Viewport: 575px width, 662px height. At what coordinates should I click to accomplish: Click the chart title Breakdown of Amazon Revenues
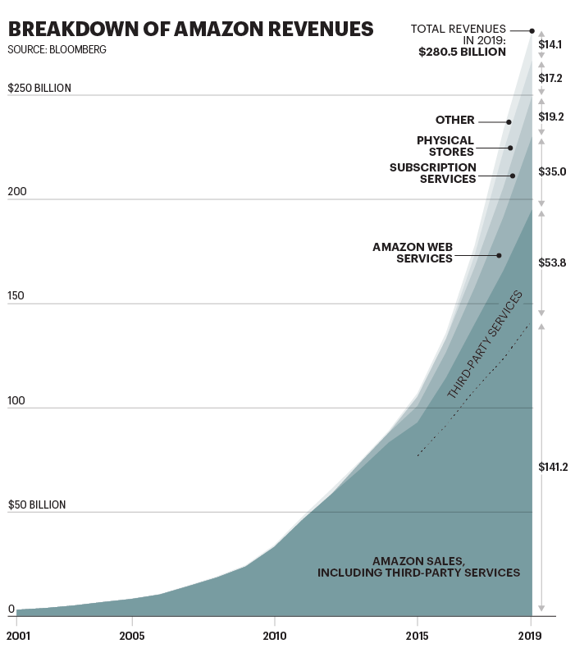190,30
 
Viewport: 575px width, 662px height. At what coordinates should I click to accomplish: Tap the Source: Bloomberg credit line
57,50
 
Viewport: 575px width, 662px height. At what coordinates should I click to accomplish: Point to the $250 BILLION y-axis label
39,88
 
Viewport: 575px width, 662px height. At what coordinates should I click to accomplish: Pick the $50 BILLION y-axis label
36,504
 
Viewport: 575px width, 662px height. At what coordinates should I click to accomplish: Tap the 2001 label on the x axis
17,636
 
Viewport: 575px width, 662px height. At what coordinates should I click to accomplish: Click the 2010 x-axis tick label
274,636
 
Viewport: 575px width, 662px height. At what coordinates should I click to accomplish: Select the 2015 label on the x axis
417,636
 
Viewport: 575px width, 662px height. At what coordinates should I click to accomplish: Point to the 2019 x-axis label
531,636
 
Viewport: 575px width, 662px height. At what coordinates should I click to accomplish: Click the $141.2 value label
554,467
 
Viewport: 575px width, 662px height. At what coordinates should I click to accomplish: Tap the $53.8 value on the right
552,263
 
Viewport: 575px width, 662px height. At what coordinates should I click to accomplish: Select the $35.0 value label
552,172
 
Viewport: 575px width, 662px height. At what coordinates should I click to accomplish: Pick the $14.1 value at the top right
550,44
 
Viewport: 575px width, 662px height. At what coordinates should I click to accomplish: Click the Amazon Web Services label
413,253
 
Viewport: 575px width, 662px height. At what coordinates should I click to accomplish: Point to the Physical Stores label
445,146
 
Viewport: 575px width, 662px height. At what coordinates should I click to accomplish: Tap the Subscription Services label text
433,173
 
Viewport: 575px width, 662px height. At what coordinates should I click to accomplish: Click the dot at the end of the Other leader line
509,122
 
